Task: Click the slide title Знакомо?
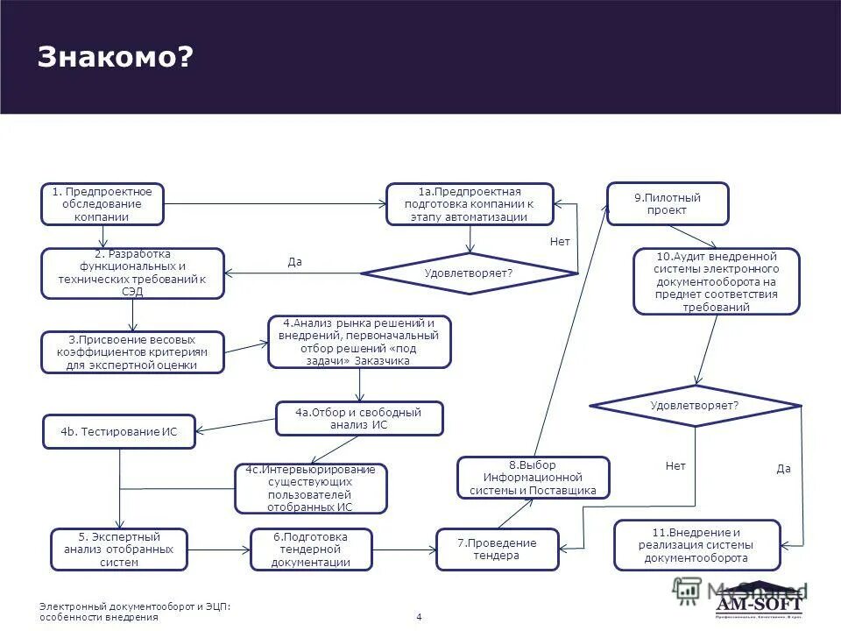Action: (115, 57)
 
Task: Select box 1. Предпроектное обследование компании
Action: (102, 204)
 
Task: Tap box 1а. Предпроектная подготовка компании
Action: (470, 204)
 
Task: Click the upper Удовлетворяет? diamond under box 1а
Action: (469, 273)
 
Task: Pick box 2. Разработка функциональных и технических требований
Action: (133, 273)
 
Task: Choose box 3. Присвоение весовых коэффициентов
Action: (132, 352)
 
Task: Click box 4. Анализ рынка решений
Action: (358, 342)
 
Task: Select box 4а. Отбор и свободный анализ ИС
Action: (359, 418)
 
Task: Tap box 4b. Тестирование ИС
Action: (119, 431)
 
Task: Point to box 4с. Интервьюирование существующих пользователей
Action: (311, 488)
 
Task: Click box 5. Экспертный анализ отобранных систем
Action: (119, 549)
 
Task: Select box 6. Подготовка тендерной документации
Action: (311, 549)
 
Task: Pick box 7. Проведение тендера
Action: (497, 549)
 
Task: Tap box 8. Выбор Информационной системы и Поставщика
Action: (533, 478)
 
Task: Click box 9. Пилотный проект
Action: (668, 204)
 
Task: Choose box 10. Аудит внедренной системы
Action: (717, 281)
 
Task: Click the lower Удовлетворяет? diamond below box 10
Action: (696, 406)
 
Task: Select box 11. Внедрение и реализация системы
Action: (696, 544)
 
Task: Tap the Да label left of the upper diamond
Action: (294, 261)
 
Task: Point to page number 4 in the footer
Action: (419, 617)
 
